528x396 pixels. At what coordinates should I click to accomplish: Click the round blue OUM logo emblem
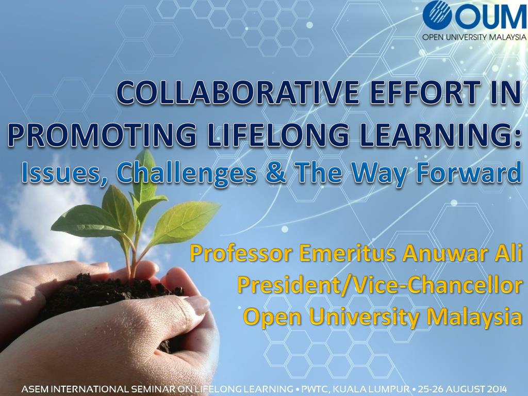click(437, 15)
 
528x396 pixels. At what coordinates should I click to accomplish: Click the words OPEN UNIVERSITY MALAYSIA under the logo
click(474, 37)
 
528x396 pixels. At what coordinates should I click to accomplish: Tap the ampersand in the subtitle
click(276, 173)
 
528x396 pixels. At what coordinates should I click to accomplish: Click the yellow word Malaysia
click(474, 318)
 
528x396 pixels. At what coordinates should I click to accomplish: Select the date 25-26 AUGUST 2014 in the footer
click(463, 389)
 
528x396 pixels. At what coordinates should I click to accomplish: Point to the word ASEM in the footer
click(33, 389)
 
